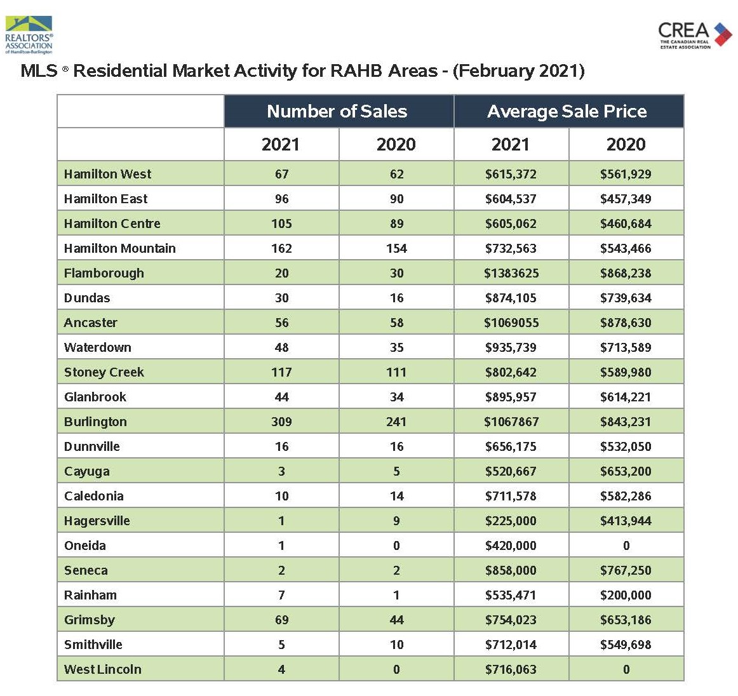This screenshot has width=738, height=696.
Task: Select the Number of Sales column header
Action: coord(337,112)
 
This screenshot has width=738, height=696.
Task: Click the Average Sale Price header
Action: coord(567,112)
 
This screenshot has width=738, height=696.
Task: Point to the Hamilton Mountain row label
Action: coord(120,248)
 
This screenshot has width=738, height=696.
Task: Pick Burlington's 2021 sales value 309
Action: coord(281,422)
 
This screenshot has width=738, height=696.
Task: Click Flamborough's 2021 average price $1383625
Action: coord(511,273)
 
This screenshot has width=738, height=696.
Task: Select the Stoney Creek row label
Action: coord(104,372)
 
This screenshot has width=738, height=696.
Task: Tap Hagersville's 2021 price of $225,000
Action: coord(511,521)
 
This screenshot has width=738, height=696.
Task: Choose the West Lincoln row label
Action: coord(103,669)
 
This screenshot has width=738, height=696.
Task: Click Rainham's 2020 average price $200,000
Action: coord(626,595)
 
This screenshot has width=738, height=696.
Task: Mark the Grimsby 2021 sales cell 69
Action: coord(281,620)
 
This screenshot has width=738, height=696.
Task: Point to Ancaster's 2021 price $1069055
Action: coord(511,323)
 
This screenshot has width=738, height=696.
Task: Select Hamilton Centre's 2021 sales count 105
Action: coord(281,224)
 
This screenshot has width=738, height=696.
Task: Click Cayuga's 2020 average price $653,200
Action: coord(626,471)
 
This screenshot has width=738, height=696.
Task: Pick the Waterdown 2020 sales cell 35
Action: coord(396,347)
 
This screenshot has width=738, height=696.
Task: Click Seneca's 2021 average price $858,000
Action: coord(511,570)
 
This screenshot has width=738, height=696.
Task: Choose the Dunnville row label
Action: coord(92,446)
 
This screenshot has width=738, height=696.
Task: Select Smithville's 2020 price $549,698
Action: coord(626,645)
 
